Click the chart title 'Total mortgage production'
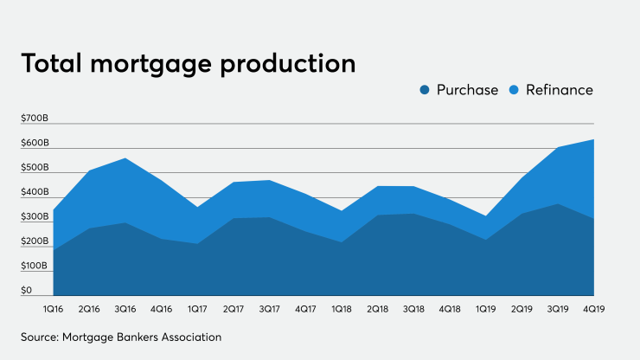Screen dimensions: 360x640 point(189,63)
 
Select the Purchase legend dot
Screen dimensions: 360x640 point(425,90)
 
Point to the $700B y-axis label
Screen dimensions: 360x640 point(35,118)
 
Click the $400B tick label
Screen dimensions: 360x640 point(35,192)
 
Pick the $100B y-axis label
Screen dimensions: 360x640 point(35,266)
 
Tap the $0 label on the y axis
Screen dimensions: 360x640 point(27,291)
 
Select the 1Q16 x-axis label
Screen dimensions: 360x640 point(54,307)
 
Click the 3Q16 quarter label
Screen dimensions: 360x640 point(125,307)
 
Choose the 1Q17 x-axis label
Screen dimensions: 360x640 point(197,307)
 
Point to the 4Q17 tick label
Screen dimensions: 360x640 point(305,307)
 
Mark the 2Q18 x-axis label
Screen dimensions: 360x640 point(377,307)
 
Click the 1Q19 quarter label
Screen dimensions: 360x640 point(485,307)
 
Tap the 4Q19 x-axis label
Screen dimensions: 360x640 point(592,307)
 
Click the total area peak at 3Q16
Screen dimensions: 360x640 point(126,158)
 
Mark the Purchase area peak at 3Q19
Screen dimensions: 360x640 point(558,204)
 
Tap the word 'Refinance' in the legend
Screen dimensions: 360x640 point(558,90)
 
